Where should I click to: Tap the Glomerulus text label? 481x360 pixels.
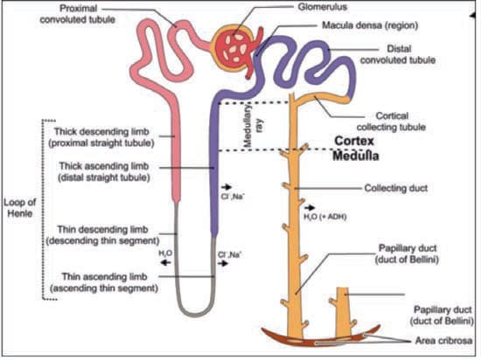323,7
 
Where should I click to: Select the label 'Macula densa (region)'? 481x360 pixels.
370,25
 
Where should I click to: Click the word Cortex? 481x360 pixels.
354,141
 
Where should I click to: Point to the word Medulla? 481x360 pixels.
356,156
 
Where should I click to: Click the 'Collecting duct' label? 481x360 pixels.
395,188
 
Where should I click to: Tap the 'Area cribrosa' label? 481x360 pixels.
443,341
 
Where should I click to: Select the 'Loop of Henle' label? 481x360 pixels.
20,208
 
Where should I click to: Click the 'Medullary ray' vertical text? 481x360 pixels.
253,125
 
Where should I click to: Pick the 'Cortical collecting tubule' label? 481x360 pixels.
392,121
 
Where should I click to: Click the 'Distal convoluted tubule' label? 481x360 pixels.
398,54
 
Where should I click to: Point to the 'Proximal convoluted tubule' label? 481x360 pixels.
78,14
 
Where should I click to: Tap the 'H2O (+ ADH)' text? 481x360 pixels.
325,217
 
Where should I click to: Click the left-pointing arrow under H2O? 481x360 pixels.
166,262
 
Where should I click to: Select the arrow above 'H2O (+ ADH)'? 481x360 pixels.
310,208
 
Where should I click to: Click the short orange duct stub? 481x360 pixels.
342,312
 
